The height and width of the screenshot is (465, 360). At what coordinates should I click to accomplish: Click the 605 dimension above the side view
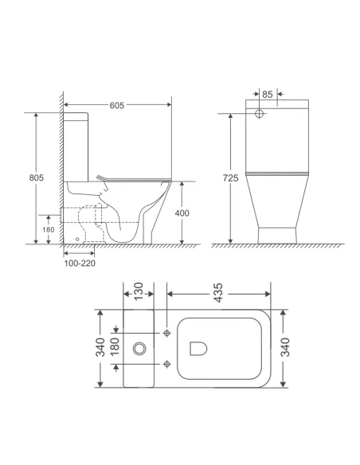pos(116,104)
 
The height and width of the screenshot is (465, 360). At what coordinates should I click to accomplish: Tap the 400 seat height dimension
pos(182,213)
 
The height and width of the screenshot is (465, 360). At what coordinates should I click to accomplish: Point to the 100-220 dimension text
pos(80,262)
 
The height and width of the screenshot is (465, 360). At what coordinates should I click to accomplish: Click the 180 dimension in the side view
pos(48,229)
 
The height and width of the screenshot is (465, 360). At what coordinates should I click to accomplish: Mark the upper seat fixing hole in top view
pos(167,332)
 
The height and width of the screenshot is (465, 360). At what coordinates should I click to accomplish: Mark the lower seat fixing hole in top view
pos(167,364)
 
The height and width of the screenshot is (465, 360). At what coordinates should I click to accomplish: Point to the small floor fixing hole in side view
pos(76,236)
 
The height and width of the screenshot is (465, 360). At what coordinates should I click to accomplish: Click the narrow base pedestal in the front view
pos(276,233)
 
